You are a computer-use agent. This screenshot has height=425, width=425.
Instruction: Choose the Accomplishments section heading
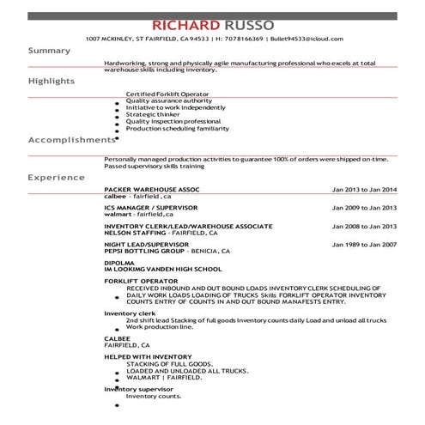70,139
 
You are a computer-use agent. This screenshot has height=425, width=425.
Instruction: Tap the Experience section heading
57,177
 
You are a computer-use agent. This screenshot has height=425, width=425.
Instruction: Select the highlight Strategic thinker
152,114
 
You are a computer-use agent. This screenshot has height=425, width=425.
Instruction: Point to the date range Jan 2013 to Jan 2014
364,189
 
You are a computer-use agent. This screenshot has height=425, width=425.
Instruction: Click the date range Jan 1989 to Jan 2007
364,244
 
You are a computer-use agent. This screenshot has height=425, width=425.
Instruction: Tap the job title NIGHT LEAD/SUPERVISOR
146,244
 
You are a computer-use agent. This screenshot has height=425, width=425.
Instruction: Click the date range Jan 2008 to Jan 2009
364,226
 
